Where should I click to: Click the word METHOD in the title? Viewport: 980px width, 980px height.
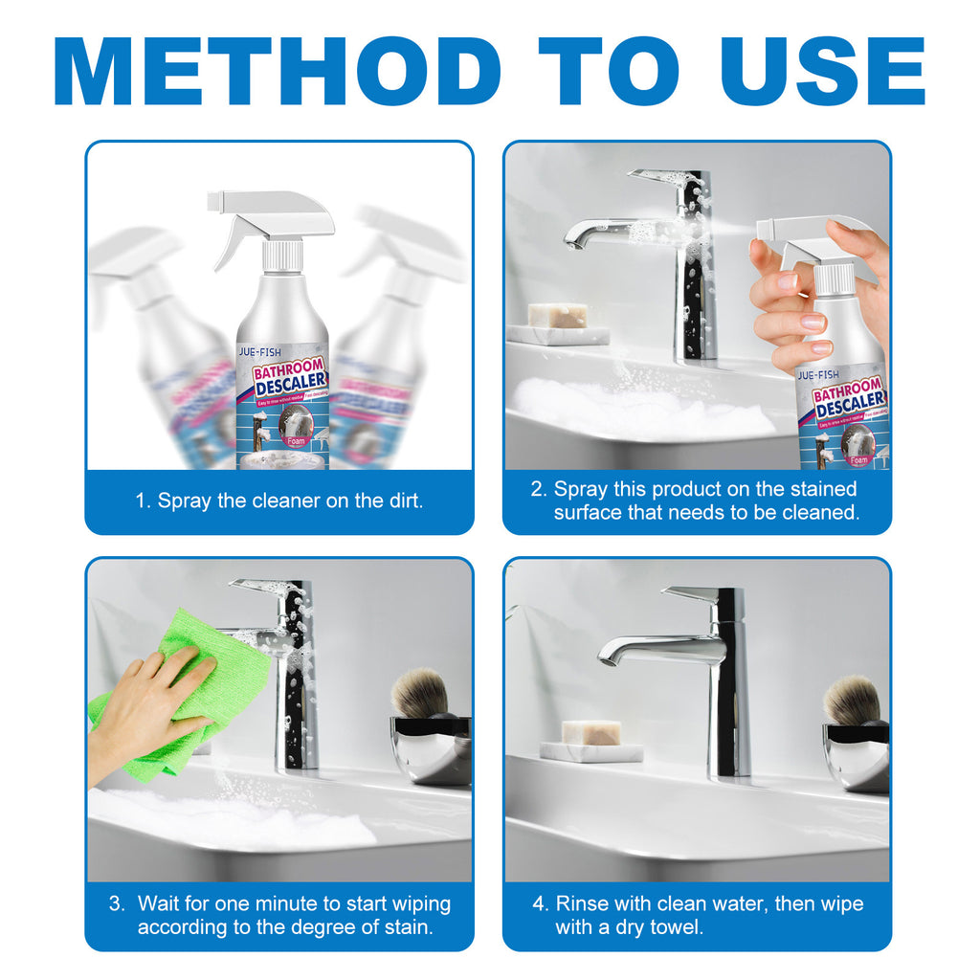[278, 72]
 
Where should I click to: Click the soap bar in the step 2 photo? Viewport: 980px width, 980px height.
[558, 317]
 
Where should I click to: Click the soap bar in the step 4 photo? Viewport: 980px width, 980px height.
[590, 733]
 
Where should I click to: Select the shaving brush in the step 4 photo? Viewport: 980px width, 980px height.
[852, 700]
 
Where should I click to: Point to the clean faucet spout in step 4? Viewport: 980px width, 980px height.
[612, 655]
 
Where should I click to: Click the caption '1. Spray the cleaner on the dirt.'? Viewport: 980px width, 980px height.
[278, 501]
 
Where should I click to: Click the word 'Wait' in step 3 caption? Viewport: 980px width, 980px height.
[160, 903]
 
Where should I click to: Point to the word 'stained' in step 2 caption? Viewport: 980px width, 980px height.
[820, 489]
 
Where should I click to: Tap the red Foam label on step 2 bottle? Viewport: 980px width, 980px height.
[858, 460]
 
